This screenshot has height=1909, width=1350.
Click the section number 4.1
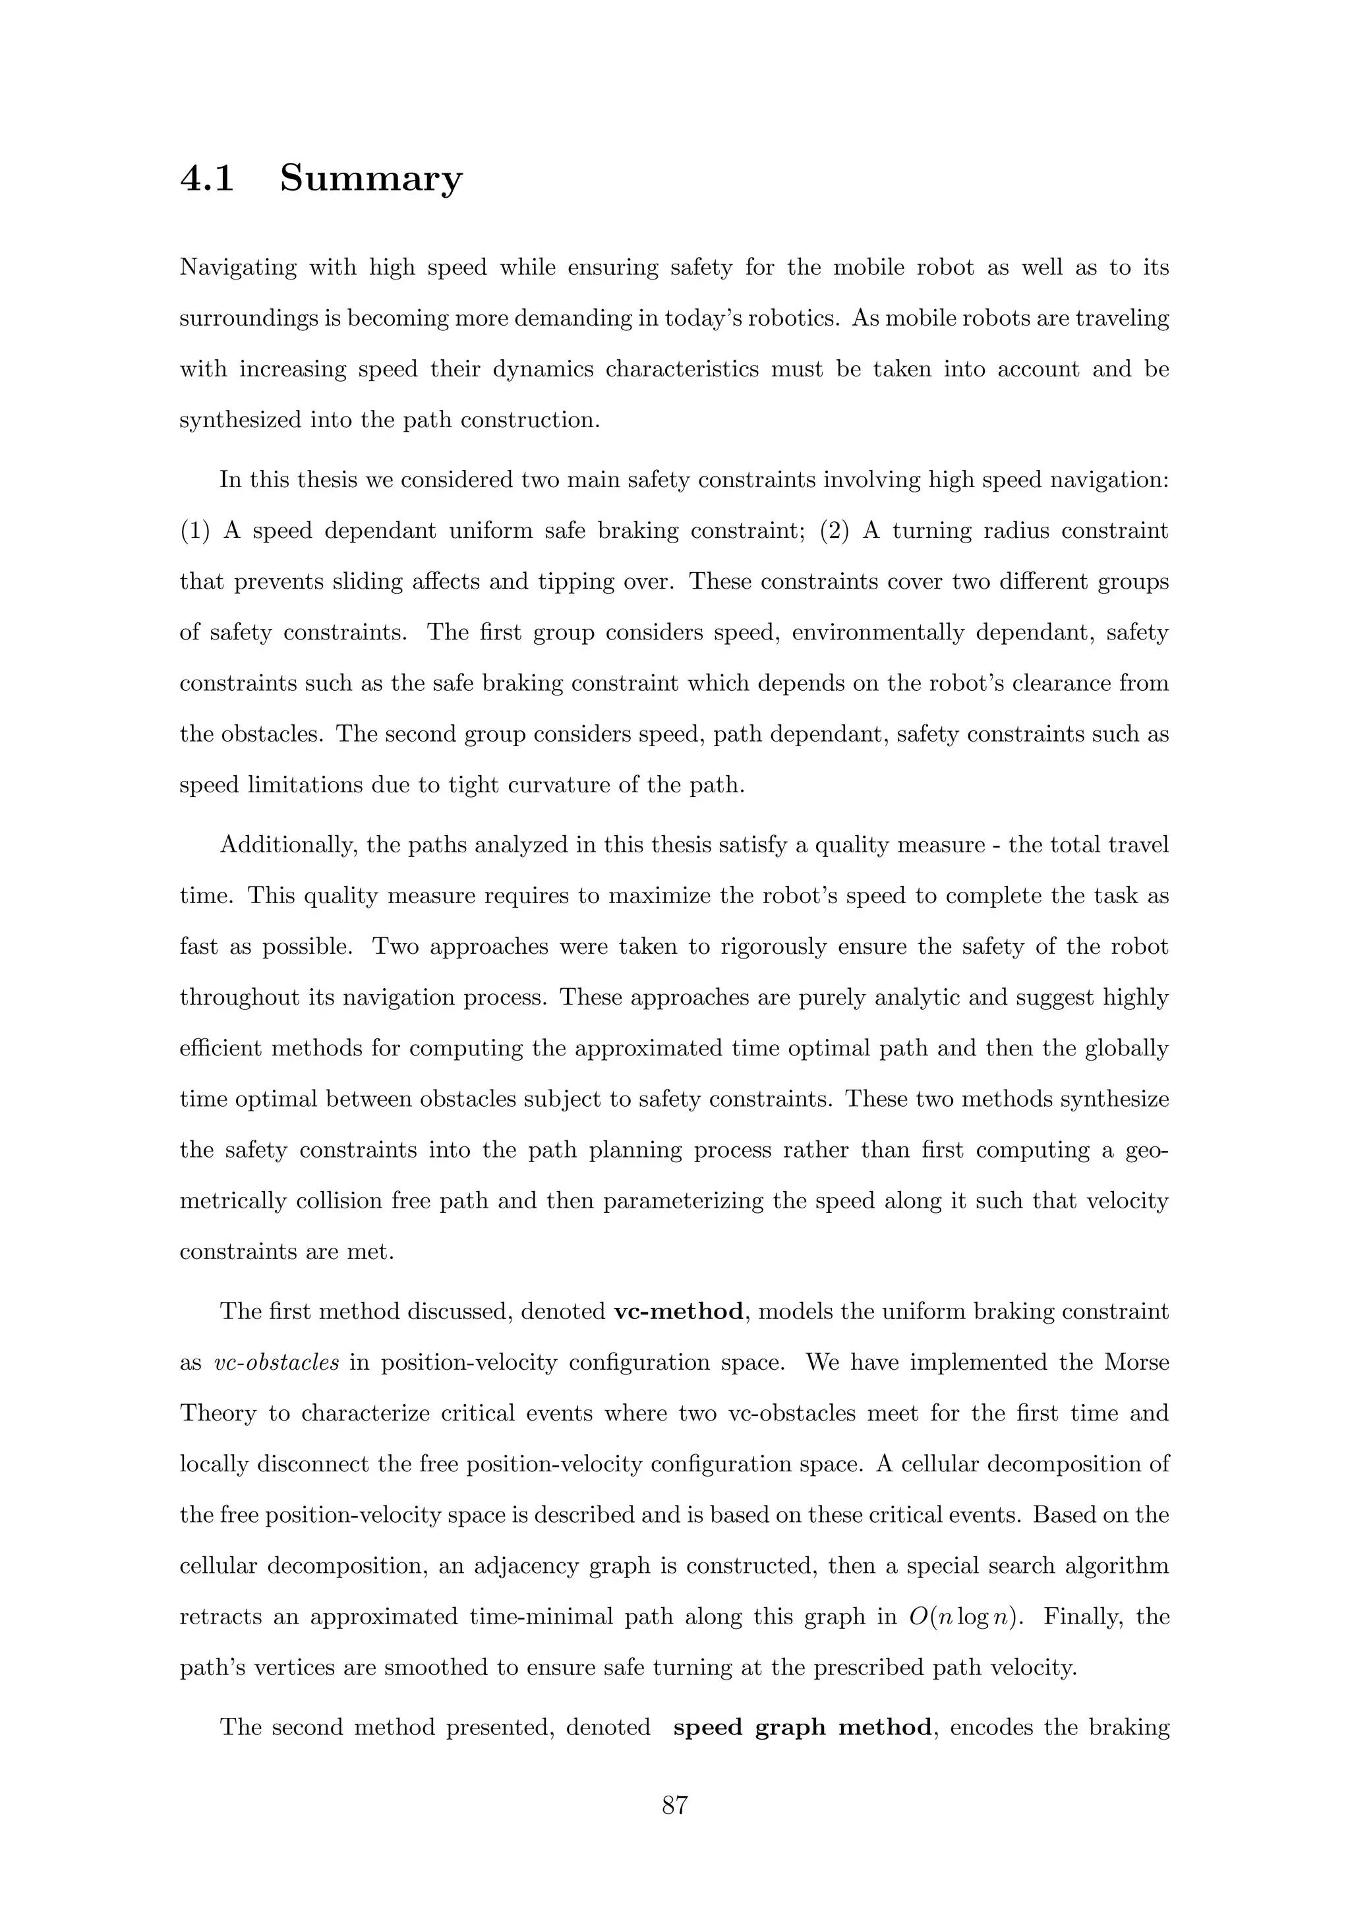point(207,178)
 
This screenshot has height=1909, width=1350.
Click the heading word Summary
point(370,178)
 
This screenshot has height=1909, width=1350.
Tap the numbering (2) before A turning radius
point(834,531)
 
